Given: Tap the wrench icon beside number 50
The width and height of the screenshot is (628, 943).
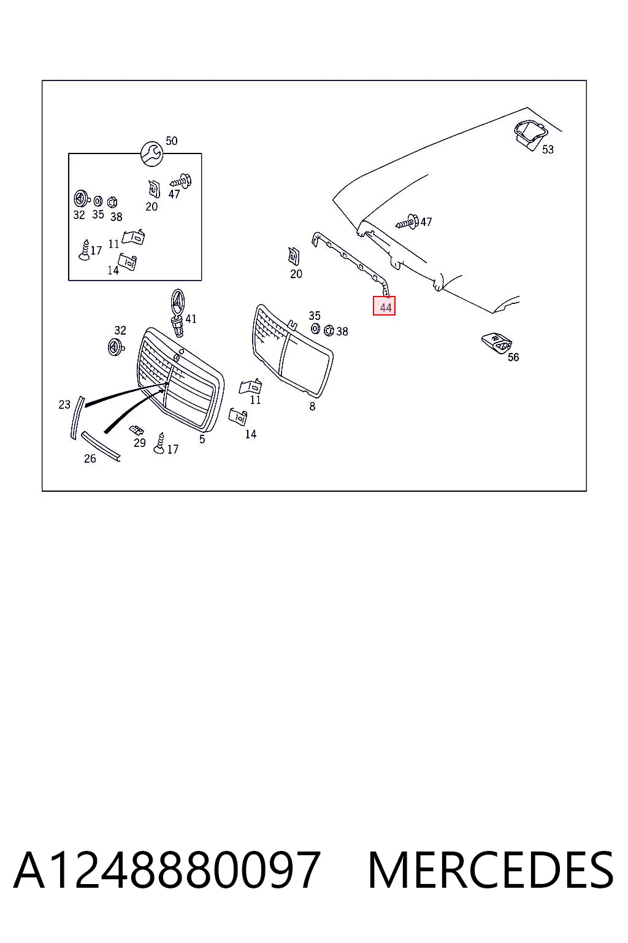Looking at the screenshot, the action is (x=151, y=153).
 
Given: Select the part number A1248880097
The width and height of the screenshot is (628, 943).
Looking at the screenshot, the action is (x=167, y=870).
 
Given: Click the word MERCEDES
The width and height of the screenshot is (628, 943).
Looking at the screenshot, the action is (x=491, y=870).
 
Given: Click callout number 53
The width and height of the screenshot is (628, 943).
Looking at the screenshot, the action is (x=548, y=149).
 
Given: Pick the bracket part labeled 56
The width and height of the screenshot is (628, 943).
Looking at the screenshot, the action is (x=497, y=343).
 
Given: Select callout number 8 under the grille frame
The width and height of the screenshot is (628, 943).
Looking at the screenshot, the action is (x=312, y=406).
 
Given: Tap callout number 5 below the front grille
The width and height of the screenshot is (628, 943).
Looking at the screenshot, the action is (x=202, y=439).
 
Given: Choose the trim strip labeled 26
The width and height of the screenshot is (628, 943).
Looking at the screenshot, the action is (x=101, y=446).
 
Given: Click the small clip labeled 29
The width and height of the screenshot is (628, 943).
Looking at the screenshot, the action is (x=136, y=429).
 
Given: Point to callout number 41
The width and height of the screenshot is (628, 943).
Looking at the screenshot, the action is (x=191, y=319).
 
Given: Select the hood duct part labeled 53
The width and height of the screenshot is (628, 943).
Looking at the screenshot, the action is (x=530, y=134).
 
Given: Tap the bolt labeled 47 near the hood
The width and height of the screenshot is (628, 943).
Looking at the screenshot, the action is (x=407, y=222).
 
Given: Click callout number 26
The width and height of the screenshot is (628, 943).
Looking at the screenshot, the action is (x=90, y=459).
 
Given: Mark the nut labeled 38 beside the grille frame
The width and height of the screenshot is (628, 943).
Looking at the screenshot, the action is (x=329, y=330).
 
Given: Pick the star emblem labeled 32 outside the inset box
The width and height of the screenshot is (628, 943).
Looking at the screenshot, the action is (x=115, y=347).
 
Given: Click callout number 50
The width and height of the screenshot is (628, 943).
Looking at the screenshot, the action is (x=172, y=141).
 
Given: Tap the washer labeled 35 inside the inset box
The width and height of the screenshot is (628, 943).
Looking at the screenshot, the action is (x=98, y=201).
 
